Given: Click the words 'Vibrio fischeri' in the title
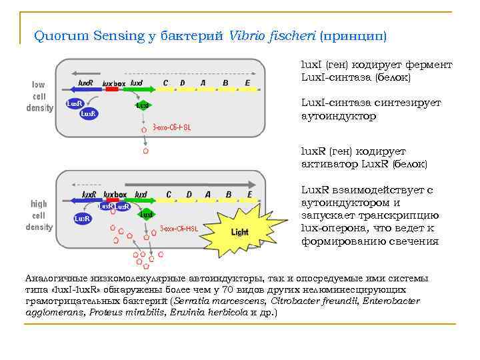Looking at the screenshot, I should [x=272, y=35].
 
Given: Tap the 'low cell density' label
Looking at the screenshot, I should [x=39, y=96].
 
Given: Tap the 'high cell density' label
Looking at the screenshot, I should [x=39, y=215].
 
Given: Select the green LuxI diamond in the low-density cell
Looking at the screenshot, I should [x=143, y=105].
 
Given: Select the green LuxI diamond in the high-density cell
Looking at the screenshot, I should [x=146, y=215].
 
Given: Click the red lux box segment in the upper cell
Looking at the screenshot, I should [x=111, y=89].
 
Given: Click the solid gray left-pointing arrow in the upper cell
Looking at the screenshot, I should [x=86, y=72].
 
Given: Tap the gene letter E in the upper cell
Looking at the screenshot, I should [x=247, y=83].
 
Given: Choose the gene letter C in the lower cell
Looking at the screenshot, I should [x=169, y=195].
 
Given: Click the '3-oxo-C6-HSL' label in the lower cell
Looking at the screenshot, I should [x=179, y=229].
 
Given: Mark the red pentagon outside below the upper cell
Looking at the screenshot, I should [x=146, y=151].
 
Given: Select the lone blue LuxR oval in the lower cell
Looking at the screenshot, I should [x=82, y=218].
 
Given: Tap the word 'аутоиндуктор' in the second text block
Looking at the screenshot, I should [x=339, y=116].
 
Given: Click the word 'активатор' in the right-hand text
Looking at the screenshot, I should [x=329, y=163].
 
